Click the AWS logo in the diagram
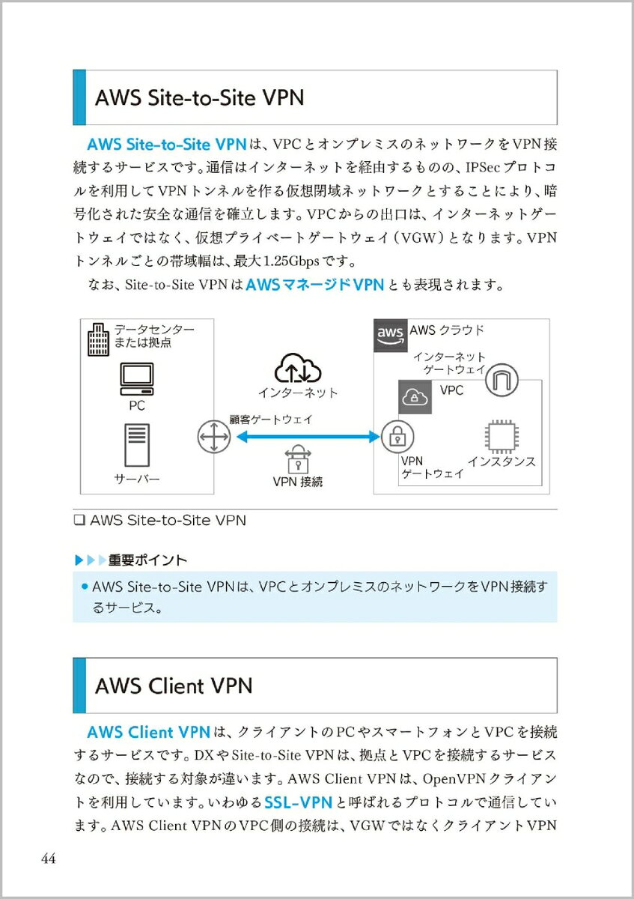(390, 336)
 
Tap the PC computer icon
(137, 379)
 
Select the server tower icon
(137, 445)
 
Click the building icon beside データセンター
(98, 339)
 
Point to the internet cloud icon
(298, 368)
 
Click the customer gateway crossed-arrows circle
(214, 437)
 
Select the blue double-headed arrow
(308, 437)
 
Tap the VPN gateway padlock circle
(397, 437)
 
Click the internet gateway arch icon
(502, 380)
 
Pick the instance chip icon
(501, 436)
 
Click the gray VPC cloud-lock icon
(415, 397)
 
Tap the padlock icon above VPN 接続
(298, 458)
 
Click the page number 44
(49, 859)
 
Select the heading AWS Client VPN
(174, 685)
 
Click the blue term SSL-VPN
(299, 802)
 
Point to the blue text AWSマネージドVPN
(315, 285)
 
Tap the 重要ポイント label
(147, 560)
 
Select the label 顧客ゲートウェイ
(271, 420)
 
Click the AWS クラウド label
(447, 330)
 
